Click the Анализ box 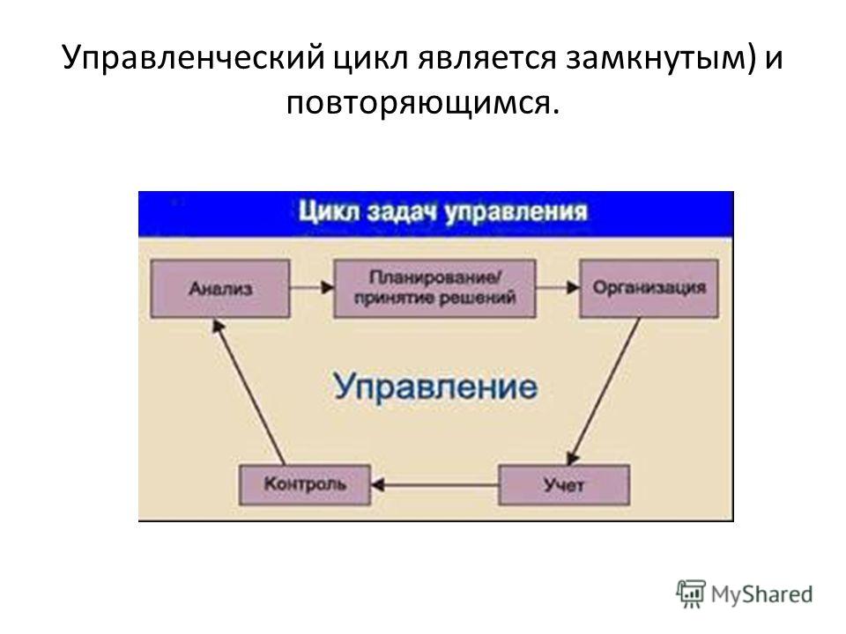(220, 289)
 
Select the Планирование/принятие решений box (434, 289)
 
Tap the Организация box (649, 289)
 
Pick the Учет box (564, 484)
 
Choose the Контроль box (305, 484)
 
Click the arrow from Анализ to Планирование (312, 287)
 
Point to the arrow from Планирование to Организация (558, 287)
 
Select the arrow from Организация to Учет (604, 391)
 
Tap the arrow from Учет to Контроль (434, 485)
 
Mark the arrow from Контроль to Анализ (249, 391)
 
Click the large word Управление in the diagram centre (435, 386)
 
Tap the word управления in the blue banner (516, 212)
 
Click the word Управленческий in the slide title (194, 58)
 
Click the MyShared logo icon (691, 594)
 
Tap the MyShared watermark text (761, 594)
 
